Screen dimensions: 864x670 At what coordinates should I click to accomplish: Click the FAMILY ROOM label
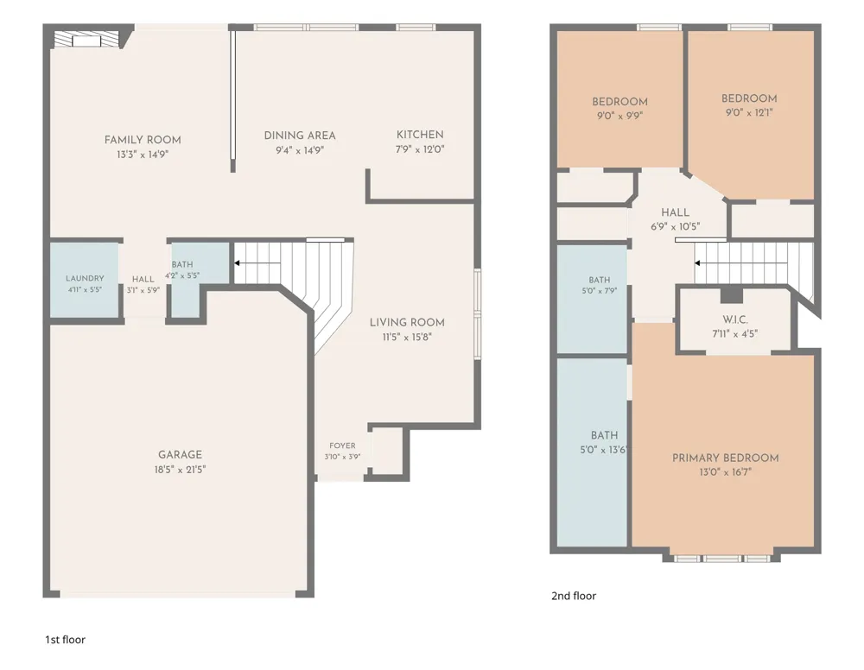(143, 140)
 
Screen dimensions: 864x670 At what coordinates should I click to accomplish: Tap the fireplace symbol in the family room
(86, 41)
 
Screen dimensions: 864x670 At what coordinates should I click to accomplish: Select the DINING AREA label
(300, 136)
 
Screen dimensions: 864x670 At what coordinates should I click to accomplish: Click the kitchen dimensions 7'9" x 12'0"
(420, 149)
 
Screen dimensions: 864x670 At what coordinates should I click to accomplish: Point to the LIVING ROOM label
(407, 323)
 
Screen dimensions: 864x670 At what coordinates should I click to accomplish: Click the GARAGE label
(181, 455)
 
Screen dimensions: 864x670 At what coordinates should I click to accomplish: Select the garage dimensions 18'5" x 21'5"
(181, 470)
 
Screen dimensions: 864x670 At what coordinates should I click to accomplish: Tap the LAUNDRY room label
(85, 279)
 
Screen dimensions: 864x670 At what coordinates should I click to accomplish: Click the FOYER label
(342, 446)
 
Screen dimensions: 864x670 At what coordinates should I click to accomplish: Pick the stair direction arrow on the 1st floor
(257, 263)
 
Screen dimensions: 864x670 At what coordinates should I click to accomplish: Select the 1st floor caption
(65, 640)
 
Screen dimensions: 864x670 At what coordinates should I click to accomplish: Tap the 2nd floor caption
(574, 596)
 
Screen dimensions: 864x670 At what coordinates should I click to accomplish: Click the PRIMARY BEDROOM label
(725, 458)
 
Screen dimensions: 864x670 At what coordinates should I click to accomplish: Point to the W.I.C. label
(735, 319)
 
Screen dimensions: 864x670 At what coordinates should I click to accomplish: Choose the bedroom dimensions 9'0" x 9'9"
(619, 117)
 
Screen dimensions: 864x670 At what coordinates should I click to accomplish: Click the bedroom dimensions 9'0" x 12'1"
(749, 113)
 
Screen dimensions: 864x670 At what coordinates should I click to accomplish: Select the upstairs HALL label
(675, 212)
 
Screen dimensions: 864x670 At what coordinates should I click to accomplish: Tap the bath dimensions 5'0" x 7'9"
(600, 291)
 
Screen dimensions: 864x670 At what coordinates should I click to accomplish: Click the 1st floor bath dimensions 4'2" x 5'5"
(182, 275)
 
